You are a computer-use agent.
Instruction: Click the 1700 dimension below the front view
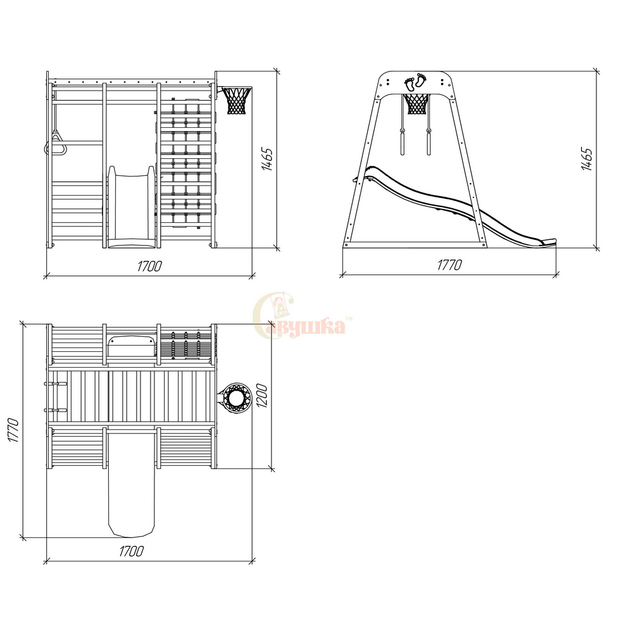tap(149, 266)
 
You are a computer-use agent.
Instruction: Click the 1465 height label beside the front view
tap(267, 160)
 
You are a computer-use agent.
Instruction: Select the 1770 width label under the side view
tap(449, 265)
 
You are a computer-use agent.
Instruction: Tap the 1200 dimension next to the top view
tap(261, 396)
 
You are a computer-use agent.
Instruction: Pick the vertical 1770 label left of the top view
tap(13, 430)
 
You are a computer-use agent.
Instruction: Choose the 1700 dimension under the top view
tap(131, 551)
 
